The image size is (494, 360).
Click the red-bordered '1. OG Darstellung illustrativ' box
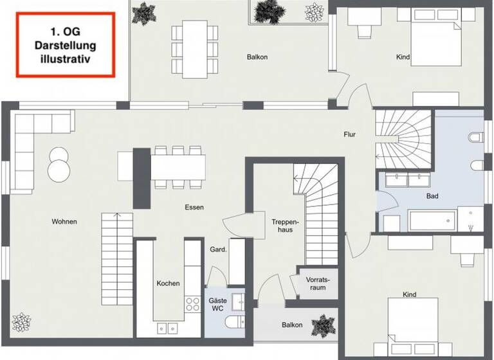pyautogui.click(x=64, y=45)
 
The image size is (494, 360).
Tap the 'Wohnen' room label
pyautogui.click(x=64, y=222)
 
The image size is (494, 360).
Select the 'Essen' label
pyautogui.click(x=194, y=208)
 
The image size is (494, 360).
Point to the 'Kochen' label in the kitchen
pyautogui.click(x=168, y=283)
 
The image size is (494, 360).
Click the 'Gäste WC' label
pyautogui.click(x=217, y=305)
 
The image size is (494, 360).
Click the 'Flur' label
pyautogui.click(x=349, y=134)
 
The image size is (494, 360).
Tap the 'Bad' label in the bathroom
pyautogui.click(x=432, y=196)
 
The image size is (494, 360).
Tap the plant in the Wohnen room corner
pyautogui.click(x=23, y=321)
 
